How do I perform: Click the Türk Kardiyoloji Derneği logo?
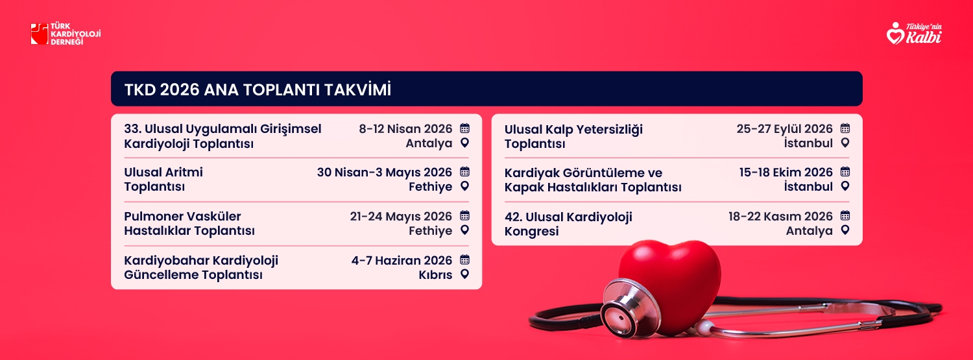66,34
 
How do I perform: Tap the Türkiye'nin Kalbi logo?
914,34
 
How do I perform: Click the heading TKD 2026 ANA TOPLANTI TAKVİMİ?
258,90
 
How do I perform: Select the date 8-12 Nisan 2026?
405,129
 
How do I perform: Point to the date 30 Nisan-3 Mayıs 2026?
385,173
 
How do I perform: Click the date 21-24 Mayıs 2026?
401,216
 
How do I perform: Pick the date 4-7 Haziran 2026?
402,260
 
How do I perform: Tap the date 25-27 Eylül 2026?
784,129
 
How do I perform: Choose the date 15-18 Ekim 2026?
786,173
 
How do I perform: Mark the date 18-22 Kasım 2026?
780,216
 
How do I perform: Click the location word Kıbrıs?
435,275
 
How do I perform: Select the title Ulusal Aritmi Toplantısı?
163,179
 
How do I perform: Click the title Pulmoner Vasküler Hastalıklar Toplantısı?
189,223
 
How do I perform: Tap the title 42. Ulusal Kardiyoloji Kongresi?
568,224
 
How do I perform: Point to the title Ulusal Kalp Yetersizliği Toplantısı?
573,136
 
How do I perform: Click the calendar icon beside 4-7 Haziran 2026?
465,259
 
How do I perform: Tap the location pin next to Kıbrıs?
465,274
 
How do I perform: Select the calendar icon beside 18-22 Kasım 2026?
845,215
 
